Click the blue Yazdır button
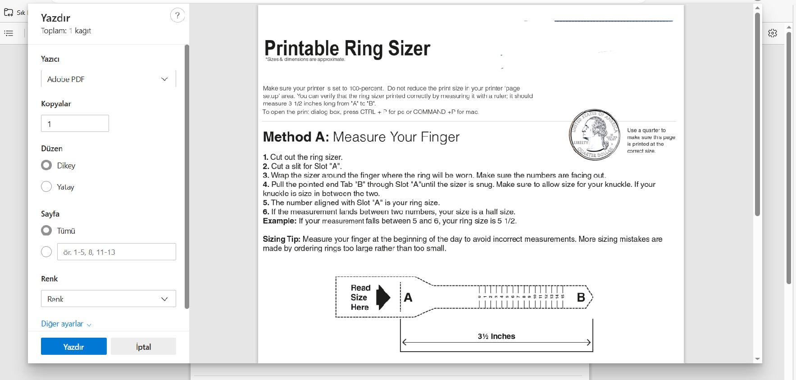tap(73, 346)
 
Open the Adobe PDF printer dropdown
tap(108, 79)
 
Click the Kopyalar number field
tap(75, 123)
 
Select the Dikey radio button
tap(46, 165)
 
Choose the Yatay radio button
tap(46, 186)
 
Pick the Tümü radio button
tap(46, 231)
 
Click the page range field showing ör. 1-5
tap(116, 252)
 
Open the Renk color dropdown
tap(108, 299)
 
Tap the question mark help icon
tap(177, 15)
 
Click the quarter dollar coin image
tap(595, 134)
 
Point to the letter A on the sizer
tap(408, 297)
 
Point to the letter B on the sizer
tap(581, 297)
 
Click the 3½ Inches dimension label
tap(496, 336)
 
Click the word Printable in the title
tap(301, 48)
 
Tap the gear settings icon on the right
tap(773, 33)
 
